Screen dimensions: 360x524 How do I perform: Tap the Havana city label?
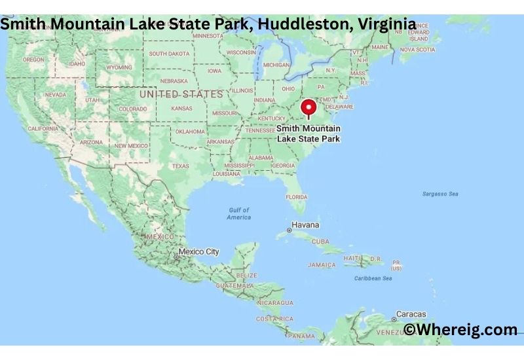point(306,225)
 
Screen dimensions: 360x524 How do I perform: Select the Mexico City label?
point(199,251)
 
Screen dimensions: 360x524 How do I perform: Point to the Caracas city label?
point(411,314)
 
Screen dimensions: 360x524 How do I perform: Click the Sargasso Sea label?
point(440,194)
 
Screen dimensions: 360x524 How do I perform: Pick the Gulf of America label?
point(239,213)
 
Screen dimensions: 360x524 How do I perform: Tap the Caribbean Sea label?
point(374,278)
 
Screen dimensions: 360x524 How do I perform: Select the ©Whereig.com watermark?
point(460,329)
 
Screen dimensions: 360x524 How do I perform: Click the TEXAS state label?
point(180,166)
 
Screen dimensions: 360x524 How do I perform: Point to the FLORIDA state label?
point(296,197)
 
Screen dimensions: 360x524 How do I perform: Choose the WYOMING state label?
point(119,67)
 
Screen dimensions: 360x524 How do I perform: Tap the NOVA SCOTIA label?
point(417,49)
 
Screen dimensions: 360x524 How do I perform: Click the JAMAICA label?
point(322,265)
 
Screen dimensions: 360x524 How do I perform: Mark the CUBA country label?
point(320,242)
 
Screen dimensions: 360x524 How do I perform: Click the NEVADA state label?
point(56,95)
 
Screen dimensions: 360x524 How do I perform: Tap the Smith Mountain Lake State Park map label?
point(308,134)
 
